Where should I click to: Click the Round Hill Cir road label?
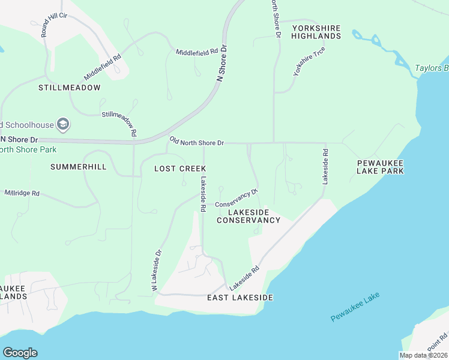pyautogui.click(x=53, y=23)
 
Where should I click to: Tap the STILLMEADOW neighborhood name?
pyautogui.click(x=69, y=88)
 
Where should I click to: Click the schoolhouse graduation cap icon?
pyautogui.click(x=63, y=125)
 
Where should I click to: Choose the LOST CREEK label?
pyautogui.click(x=181, y=169)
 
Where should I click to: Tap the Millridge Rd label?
pyautogui.click(x=22, y=193)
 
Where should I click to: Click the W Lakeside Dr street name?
pyautogui.click(x=157, y=271)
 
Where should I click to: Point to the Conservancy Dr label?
pyautogui.click(x=237, y=199)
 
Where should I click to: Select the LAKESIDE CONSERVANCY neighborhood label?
pyautogui.click(x=248, y=217)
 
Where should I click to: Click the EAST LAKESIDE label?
pyautogui.click(x=240, y=298)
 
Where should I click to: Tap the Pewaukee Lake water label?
pyautogui.click(x=355, y=307)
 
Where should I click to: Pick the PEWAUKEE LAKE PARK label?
pyautogui.click(x=380, y=167)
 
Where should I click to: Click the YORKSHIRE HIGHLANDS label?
pyautogui.click(x=316, y=32)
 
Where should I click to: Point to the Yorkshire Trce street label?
pyautogui.click(x=309, y=61)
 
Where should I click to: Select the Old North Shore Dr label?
pyautogui.click(x=197, y=142)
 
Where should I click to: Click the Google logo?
pyautogui.click(x=20, y=353)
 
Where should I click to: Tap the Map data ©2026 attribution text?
pyautogui.click(x=423, y=355)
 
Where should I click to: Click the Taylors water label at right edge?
pyautogui.click(x=432, y=68)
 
